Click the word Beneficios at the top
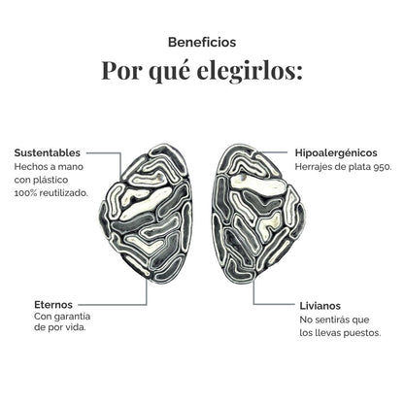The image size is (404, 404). coord(202,43)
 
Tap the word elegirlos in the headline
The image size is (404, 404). coord(250,70)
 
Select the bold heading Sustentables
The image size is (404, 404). coord(48,152)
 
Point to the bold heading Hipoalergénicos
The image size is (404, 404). coord(336,152)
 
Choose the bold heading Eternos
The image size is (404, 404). coord(53,305)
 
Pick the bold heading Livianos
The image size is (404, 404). coord(320,306)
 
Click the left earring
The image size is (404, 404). coord(146,214)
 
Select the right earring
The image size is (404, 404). coord(258,215)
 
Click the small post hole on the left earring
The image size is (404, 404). coord(161,178)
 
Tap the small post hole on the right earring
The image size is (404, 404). coord(244,178)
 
